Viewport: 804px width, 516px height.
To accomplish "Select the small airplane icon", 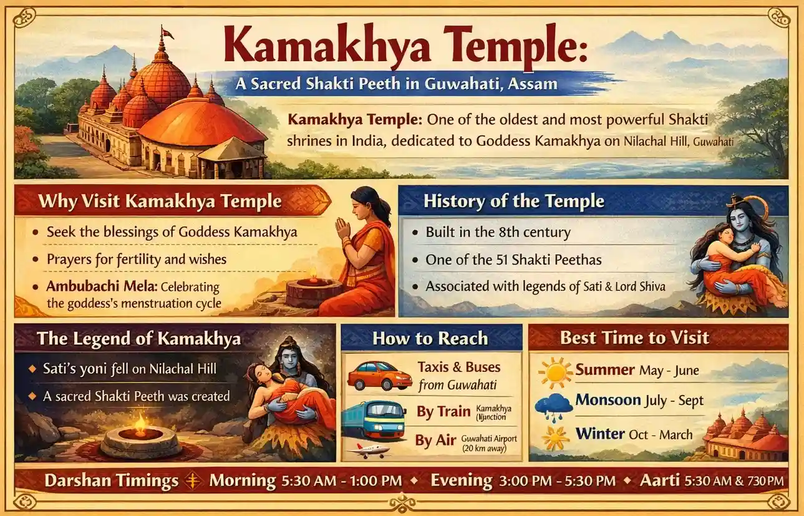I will tap(369, 449).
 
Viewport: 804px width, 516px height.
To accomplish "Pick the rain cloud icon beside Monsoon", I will tap(553, 404).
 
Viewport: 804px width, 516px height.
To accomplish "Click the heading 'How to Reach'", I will tap(430, 338).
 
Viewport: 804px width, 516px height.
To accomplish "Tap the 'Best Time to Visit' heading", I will tap(634, 338).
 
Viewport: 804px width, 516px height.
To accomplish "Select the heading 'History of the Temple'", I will tap(513, 201).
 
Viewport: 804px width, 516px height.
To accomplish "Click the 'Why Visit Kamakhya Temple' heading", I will tap(160, 202).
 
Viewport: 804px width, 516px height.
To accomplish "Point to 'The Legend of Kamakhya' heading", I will tap(138, 339).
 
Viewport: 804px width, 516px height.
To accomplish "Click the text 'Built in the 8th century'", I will tap(498, 233).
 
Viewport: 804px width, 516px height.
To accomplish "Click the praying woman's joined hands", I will tap(342, 229).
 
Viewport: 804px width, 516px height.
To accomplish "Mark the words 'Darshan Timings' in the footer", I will tap(111, 481).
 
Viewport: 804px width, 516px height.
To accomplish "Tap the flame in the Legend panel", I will tap(140, 425).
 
